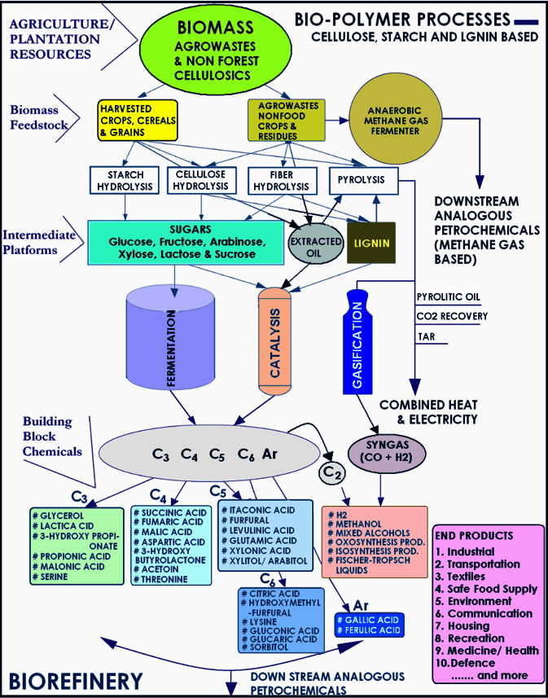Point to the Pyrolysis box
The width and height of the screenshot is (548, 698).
click(362, 180)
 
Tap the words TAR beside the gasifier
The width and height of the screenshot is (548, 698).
click(425, 336)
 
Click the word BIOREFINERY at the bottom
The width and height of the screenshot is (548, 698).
click(77, 678)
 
